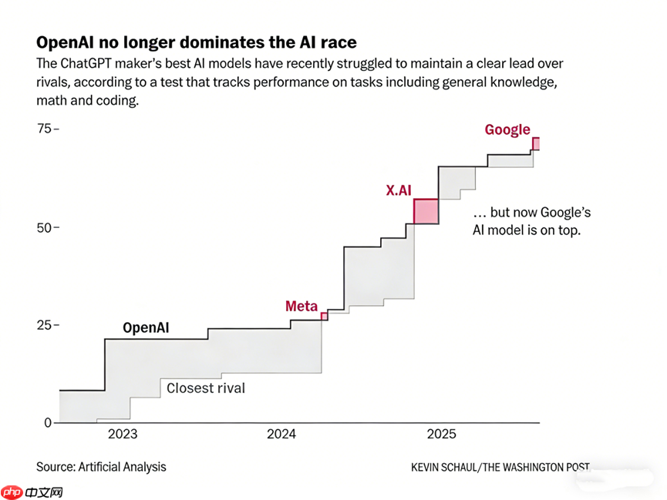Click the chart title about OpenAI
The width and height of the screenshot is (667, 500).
click(196, 42)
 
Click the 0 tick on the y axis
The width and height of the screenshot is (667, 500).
click(47, 422)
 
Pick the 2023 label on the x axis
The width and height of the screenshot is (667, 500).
click(123, 435)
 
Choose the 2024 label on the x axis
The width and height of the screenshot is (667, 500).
click(281, 435)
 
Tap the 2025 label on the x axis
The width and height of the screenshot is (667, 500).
click(441, 435)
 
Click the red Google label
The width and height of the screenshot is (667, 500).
click(507, 129)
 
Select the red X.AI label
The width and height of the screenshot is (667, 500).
click(399, 190)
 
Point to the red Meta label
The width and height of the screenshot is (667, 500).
click(301, 307)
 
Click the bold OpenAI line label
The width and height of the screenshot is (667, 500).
click(147, 328)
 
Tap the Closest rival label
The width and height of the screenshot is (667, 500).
click(206, 388)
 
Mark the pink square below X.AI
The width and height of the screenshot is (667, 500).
click(426, 211)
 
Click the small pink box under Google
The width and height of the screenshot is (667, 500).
click(535, 143)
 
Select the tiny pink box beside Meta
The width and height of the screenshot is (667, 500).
click(324, 316)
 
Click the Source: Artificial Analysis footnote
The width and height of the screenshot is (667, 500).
click(101, 467)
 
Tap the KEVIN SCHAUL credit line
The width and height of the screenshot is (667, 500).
click(500, 467)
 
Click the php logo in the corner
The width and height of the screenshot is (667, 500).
click(12, 490)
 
